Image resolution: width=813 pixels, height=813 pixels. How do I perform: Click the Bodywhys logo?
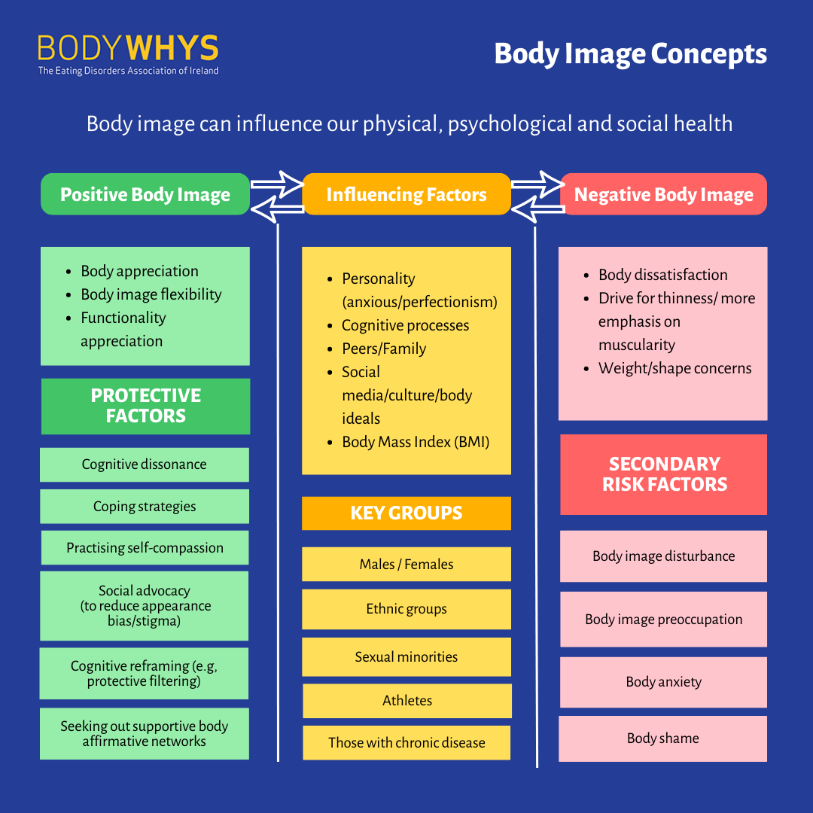(128, 55)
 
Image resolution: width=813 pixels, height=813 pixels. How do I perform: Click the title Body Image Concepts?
(631, 54)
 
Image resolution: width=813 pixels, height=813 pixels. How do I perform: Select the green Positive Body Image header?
(145, 194)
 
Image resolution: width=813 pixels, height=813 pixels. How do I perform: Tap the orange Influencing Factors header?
(406, 194)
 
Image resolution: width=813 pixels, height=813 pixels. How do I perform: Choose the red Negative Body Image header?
(664, 194)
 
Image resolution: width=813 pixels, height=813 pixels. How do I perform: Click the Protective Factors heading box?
(146, 406)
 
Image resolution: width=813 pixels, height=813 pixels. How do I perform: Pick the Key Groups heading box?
(406, 513)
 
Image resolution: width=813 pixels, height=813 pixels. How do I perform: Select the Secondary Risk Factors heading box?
(664, 474)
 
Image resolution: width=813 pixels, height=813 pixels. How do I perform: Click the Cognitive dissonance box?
(145, 464)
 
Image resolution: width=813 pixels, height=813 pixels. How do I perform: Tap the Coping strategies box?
(145, 507)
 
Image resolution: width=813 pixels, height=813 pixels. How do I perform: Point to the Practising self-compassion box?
(145, 547)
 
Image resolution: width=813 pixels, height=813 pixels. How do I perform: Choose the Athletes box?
(407, 701)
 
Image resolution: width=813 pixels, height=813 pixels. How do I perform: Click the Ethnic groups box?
(406, 609)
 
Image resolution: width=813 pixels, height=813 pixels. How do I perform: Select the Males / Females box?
(406, 564)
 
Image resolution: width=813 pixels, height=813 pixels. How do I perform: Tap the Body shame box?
(662, 739)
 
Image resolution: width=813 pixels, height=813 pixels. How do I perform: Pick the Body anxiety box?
(664, 682)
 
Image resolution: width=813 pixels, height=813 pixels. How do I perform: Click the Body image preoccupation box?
(664, 620)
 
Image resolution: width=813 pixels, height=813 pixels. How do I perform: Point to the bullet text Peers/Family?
(384, 349)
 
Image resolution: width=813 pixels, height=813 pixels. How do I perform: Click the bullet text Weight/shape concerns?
(675, 369)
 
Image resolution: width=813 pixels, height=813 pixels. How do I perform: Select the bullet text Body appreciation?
(139, 271)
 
